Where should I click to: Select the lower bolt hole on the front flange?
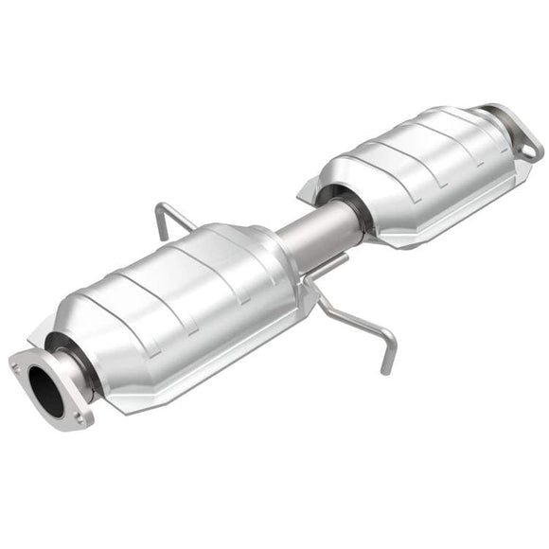(80, 417)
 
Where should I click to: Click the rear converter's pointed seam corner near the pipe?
(306, 198)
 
